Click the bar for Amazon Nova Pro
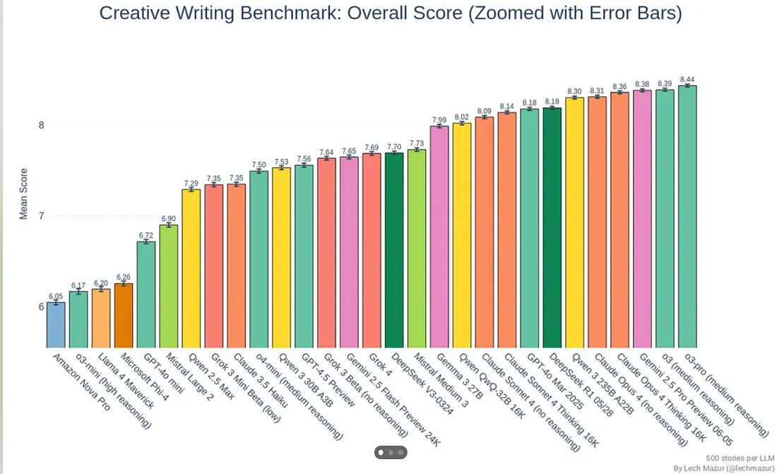[56, 325]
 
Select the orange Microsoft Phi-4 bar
[124, 316]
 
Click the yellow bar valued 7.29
[191, 268]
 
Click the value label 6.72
[146, 236]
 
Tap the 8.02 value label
[462, 117]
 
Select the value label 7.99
[439, 120]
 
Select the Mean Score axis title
[23, 193]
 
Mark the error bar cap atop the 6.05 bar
[56, 300]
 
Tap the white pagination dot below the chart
[381, 451]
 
